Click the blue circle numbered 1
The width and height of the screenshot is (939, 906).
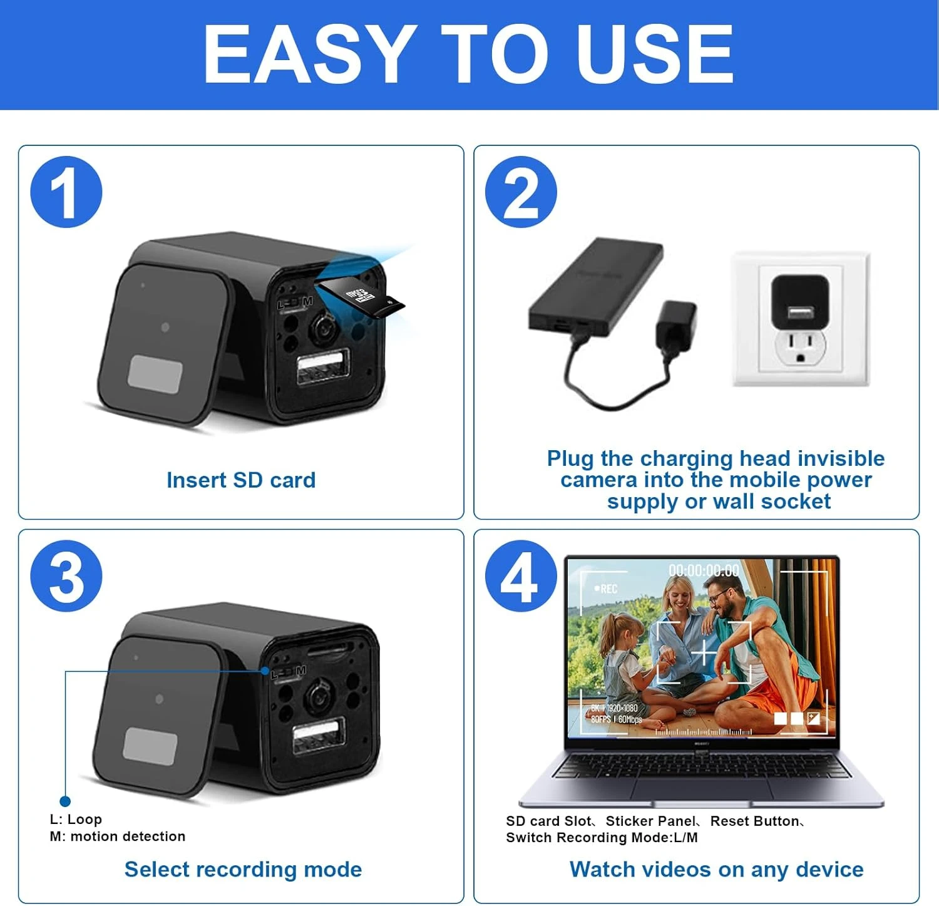click(66, 192)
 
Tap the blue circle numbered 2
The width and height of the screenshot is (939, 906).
click(521, 192)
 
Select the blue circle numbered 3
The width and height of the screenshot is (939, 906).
click(66, 576)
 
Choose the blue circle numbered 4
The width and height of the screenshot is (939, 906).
click(521, 576)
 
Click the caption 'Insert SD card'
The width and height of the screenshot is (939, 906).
click(241, 480)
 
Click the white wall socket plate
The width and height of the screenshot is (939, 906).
click(801, 319)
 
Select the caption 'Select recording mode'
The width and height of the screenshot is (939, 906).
click(243, 869)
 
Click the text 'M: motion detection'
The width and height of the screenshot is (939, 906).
click(118, 837)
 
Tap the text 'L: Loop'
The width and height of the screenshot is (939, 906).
click(76, 819)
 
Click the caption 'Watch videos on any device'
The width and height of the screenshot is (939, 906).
click(716, 869)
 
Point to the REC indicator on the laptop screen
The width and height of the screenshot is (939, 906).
click(607, 589)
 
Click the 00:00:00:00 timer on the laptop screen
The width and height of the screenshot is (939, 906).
click(704, 570)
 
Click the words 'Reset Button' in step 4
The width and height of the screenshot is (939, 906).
click(754, 821)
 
